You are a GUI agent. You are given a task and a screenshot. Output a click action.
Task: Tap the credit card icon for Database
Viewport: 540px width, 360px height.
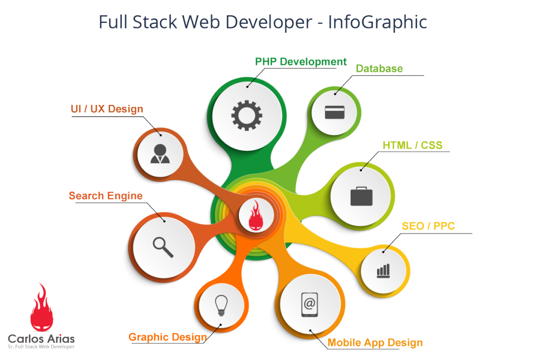click(x=334, y=112)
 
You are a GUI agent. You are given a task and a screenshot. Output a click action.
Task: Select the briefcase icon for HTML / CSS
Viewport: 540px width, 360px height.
click(x=361, y=196)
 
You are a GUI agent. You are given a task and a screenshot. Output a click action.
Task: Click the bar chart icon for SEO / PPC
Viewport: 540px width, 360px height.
click(x=383, y=271)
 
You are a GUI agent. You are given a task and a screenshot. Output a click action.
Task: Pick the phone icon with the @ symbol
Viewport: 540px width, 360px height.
click(x=310, y=304)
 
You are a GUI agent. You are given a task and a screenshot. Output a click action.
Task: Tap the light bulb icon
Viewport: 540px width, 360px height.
click(x=221, y=305)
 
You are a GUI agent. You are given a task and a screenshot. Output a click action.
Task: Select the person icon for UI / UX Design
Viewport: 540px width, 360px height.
click(x=160, y=153)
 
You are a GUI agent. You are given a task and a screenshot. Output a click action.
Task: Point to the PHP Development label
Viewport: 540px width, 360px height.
click(x=301, y=62)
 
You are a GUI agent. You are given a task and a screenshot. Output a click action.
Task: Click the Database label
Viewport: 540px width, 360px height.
click(x=379, y=69)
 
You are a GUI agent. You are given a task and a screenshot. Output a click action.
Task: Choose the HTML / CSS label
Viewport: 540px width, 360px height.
click(x=412, y=145)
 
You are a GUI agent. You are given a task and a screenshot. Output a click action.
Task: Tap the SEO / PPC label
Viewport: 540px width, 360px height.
click(x=428, y=226)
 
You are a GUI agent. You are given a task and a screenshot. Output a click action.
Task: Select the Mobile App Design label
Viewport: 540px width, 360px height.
click(x=375, y=343)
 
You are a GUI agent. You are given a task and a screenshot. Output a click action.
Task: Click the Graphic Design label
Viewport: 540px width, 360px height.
click(x=167, y=337)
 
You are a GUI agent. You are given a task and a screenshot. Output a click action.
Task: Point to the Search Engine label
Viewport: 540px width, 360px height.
click(x=105, y=196)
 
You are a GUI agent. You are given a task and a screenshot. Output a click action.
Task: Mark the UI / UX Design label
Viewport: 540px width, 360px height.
click(x=107, y=109)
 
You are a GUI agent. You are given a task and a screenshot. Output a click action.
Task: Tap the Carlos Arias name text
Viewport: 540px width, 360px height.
click(x=41, y=339)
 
